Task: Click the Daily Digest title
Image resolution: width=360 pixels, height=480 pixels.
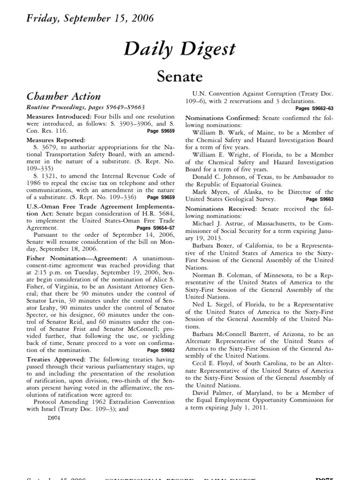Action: tap(180, 48)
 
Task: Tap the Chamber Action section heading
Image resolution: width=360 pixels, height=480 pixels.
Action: tap(63, 97)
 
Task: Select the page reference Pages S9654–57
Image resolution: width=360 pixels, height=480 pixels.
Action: tap(156, 228)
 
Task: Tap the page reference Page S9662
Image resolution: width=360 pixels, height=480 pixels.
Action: tap(161, 350)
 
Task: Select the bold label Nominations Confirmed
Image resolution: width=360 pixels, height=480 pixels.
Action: tap(223, 117)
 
